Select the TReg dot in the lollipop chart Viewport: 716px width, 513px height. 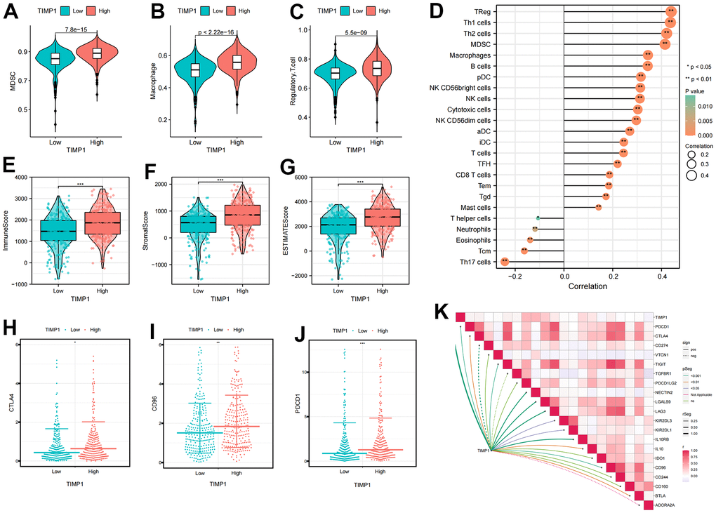670,11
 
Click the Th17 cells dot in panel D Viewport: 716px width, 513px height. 505,262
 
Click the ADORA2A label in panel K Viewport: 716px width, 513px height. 665,505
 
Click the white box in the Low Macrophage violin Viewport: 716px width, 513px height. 195,69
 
